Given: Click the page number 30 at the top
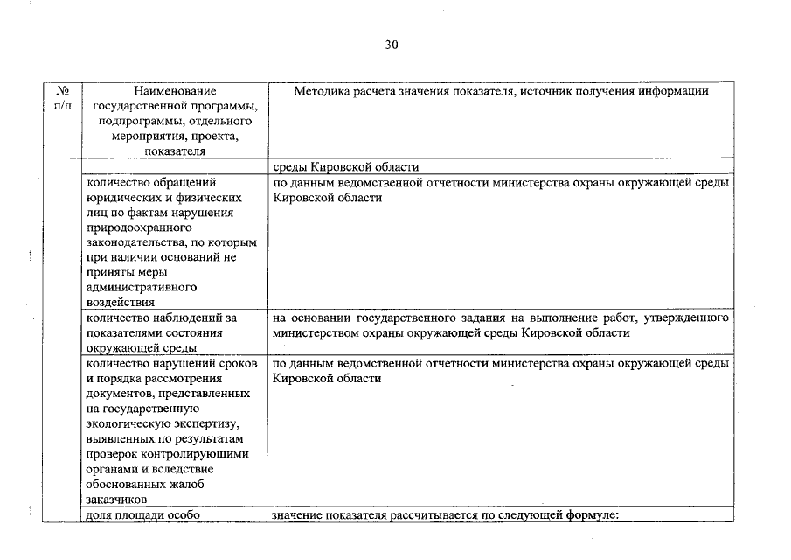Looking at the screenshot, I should [x=392, y=45].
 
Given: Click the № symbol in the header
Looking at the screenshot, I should [x=62, y=90].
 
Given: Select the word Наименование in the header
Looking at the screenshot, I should [x=175, y=90].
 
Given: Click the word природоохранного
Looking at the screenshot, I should [x=131, y=227].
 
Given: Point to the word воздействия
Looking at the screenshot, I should [x=119, y=302].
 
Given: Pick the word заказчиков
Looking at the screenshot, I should [x=115, y=499].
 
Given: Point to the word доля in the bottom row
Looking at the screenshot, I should [x=99, y=514].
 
